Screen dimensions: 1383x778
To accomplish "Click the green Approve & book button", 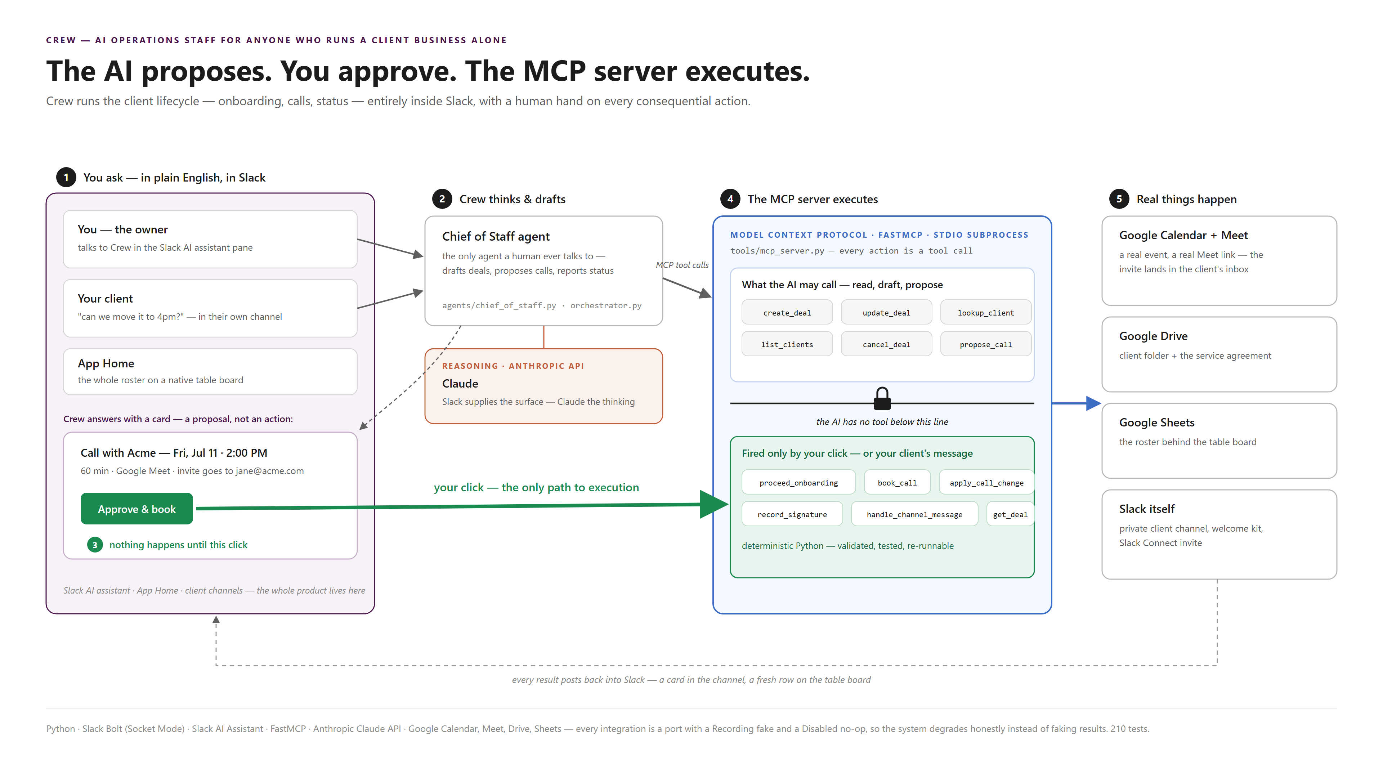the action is click(x=136, y=509).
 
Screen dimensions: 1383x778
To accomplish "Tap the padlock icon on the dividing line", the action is click(x=882, y=398).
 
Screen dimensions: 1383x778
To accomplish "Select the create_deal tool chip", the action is click(x=787, y=313).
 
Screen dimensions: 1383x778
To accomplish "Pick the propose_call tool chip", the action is click(x=986, y=344).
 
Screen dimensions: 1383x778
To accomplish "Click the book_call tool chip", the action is click(x=897, y=483).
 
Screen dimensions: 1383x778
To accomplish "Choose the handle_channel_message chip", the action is click(x=914, y=514).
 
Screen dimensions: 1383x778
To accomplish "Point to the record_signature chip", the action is click(x=792, y=514).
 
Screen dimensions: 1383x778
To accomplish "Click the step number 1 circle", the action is click(x=66, y=177).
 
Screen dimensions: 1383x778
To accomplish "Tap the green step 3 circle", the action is click(x=95, y=545).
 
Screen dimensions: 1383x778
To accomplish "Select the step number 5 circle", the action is click(x=1119, y=199).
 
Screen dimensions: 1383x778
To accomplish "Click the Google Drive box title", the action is click(x=1153, y=336).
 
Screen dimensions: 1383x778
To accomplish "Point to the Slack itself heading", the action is click(x=1147, y=509).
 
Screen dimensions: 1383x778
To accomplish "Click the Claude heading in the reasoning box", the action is click(x=460, y=383).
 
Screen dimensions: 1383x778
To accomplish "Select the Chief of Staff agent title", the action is click(x=496, y=236).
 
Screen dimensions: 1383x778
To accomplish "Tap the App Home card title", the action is click(x=106, y=363).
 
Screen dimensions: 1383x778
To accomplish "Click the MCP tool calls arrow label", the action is click(x=682, y=265).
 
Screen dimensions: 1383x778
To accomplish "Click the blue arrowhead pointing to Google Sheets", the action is click(x=1093, y=403).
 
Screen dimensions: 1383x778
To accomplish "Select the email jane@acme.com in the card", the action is click(x=269, y=471).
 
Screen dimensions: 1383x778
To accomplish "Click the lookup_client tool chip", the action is click(x=986, y=313).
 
